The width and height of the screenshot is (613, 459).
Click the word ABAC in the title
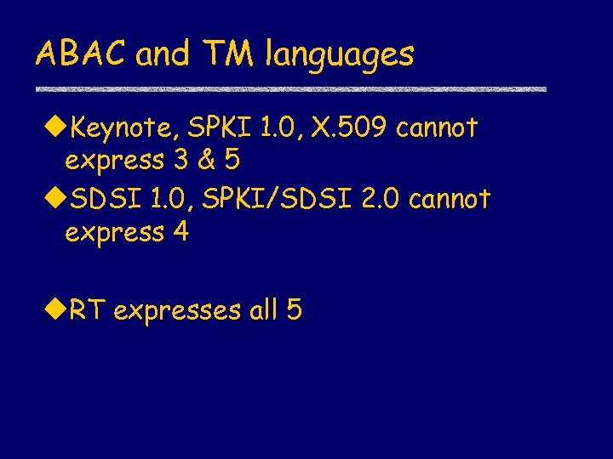[x=81, y=54]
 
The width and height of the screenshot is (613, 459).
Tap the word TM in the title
[x=229, y=54]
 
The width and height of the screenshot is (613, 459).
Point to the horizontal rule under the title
[x=290, y=89]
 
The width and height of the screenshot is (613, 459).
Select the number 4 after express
[x=180, y=231]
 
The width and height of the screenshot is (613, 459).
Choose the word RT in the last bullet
[x=87, y=311]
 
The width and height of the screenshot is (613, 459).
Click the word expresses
[x=177, y=313]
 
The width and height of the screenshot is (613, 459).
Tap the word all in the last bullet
[x=264, y=311]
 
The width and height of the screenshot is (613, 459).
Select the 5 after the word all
[x=294, y=311]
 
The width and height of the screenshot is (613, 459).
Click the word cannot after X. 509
[x=438, y=129]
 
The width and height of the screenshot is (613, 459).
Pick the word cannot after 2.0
[x=450, y=200]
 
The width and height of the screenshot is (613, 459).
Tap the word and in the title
[x=163, y=54]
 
